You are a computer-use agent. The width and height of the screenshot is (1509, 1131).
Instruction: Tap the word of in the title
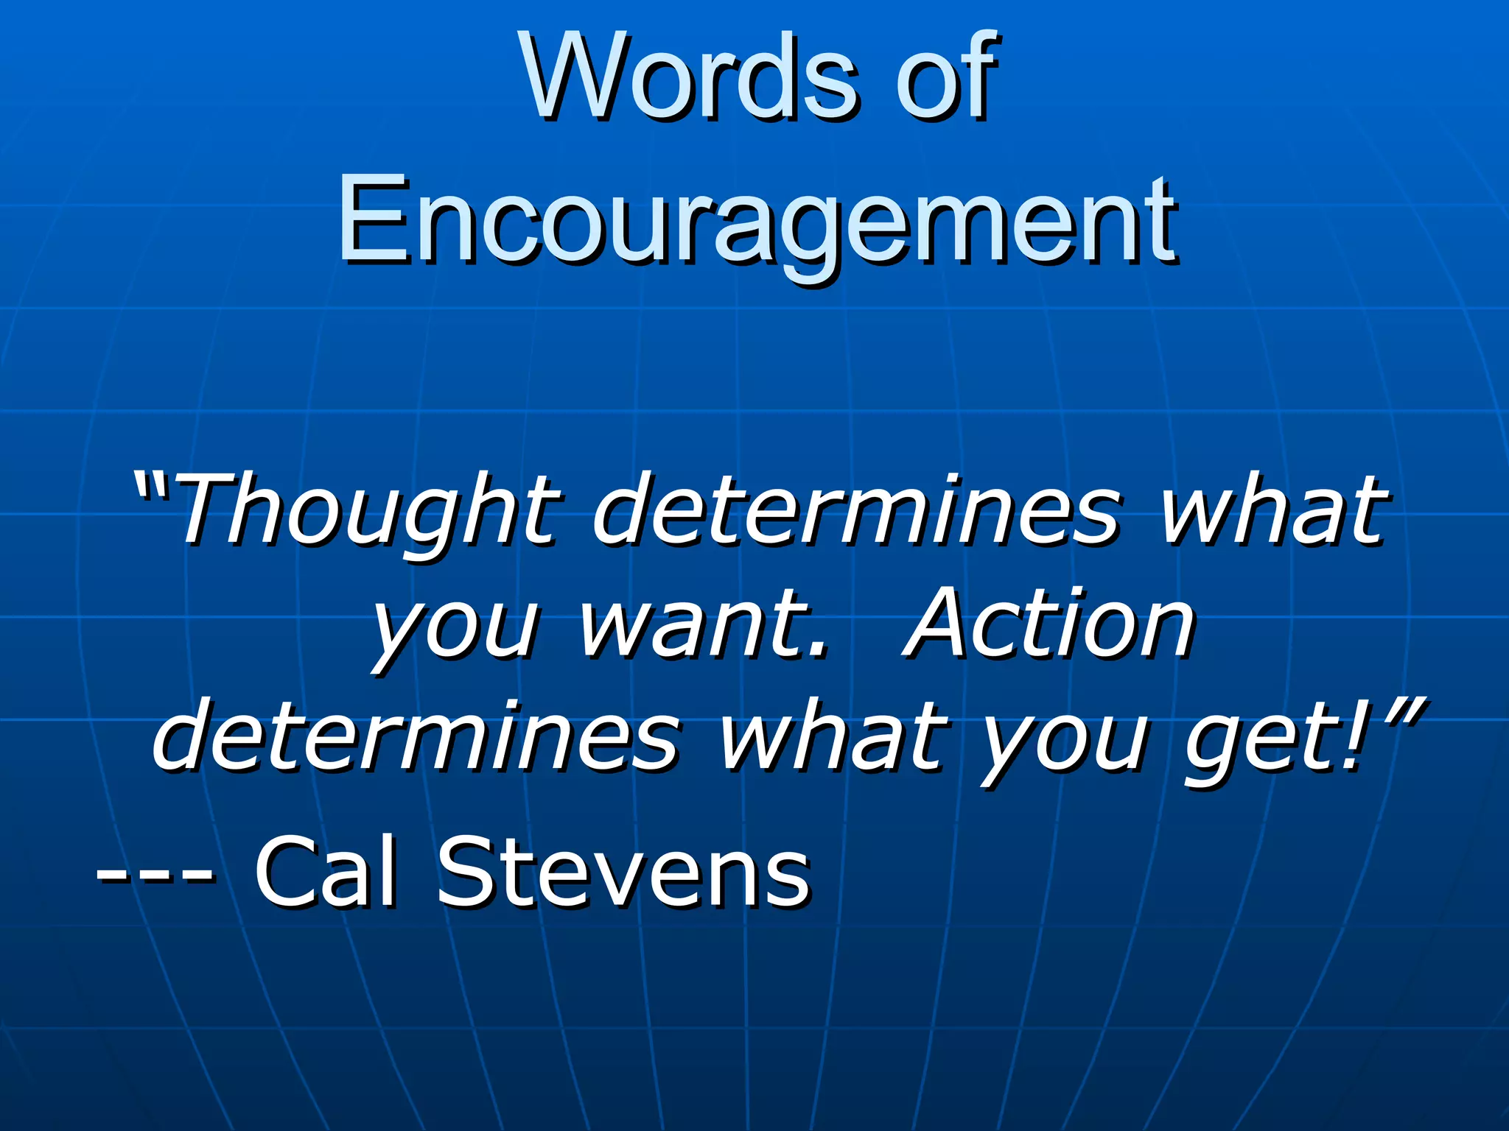coord(945,77)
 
